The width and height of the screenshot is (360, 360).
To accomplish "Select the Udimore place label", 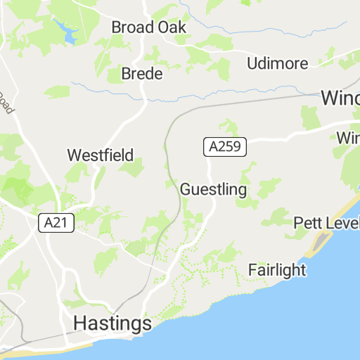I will (277, 63).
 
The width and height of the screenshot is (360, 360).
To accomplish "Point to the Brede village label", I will (142, 74).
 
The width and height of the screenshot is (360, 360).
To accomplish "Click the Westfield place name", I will (100, 155).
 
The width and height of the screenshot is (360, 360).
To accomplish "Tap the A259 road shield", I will (225, 147).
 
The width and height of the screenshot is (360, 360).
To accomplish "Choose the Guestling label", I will (213, 190).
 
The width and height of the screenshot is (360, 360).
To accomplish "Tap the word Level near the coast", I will (344, 224).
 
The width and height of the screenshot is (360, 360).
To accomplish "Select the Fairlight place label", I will (278, 270).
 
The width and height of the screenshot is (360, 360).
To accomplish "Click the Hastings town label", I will (112, 323).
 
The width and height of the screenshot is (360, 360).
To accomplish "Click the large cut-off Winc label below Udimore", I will (340, 98).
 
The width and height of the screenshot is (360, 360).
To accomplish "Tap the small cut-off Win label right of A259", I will (347, 137).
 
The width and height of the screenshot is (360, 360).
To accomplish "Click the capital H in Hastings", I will (81, 323).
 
